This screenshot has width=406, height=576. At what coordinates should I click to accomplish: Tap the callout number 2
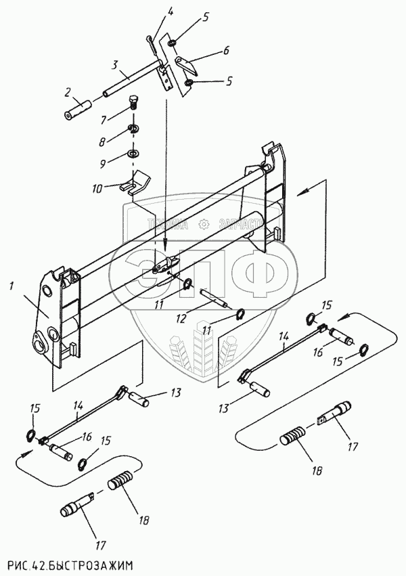pyautogui.click(x=68, y=92)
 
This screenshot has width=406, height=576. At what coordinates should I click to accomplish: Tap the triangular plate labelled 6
pyautogui.click(x=187, y=66)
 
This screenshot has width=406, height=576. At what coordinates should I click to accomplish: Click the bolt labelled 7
pyautogui.click(x=134, y=106)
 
